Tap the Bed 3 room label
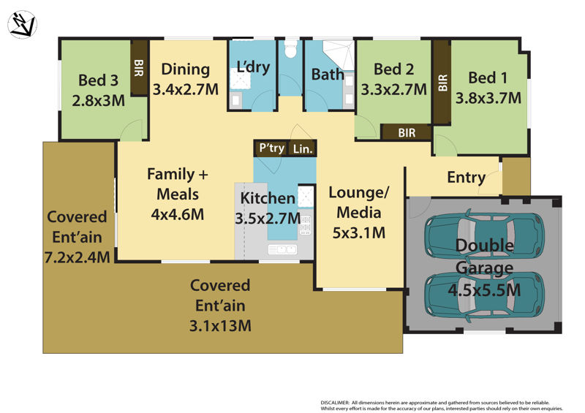97,80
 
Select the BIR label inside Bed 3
138,68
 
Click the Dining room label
186,69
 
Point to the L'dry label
254,67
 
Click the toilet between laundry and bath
290,50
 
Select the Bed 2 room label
394,69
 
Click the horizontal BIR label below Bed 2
407,132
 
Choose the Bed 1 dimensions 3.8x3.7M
488,96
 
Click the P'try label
272,148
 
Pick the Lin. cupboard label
303,148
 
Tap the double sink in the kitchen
282,250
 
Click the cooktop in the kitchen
306,226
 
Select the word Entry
466,177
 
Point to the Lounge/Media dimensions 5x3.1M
358,233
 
